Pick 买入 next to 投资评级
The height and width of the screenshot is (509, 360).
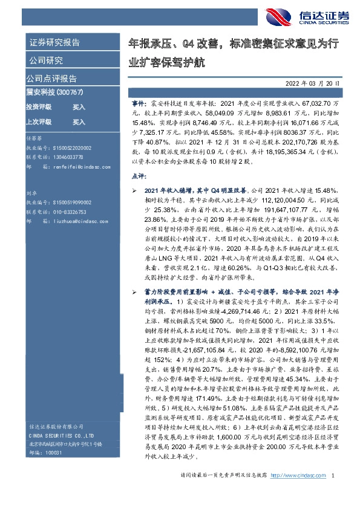pyautogui.click(x=79, y=106)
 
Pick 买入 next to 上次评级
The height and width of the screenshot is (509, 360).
pyautogui.click(x=79, y=122)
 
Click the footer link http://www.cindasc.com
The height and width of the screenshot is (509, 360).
pyautogui.click(x=297, y=494)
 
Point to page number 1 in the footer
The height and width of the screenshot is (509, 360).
pyautogui.click(x=334, y=494)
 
